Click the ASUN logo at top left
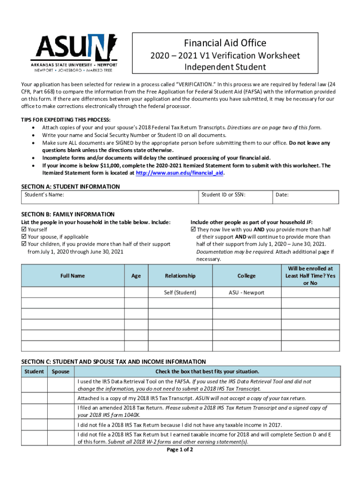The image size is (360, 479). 74,52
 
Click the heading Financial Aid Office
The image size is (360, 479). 225,43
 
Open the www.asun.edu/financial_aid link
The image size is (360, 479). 180,173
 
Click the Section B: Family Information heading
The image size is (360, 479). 68,214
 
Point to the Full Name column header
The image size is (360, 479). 72,276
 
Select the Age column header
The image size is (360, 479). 136,276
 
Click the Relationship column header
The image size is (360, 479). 180,276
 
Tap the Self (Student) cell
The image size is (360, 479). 180,292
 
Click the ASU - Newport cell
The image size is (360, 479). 246,292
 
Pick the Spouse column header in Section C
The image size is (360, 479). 61,371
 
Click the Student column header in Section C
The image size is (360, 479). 34,371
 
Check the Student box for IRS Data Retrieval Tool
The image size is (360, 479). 34,385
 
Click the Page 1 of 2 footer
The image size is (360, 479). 180,450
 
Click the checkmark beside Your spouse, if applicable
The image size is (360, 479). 24,237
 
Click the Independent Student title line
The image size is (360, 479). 225,67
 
